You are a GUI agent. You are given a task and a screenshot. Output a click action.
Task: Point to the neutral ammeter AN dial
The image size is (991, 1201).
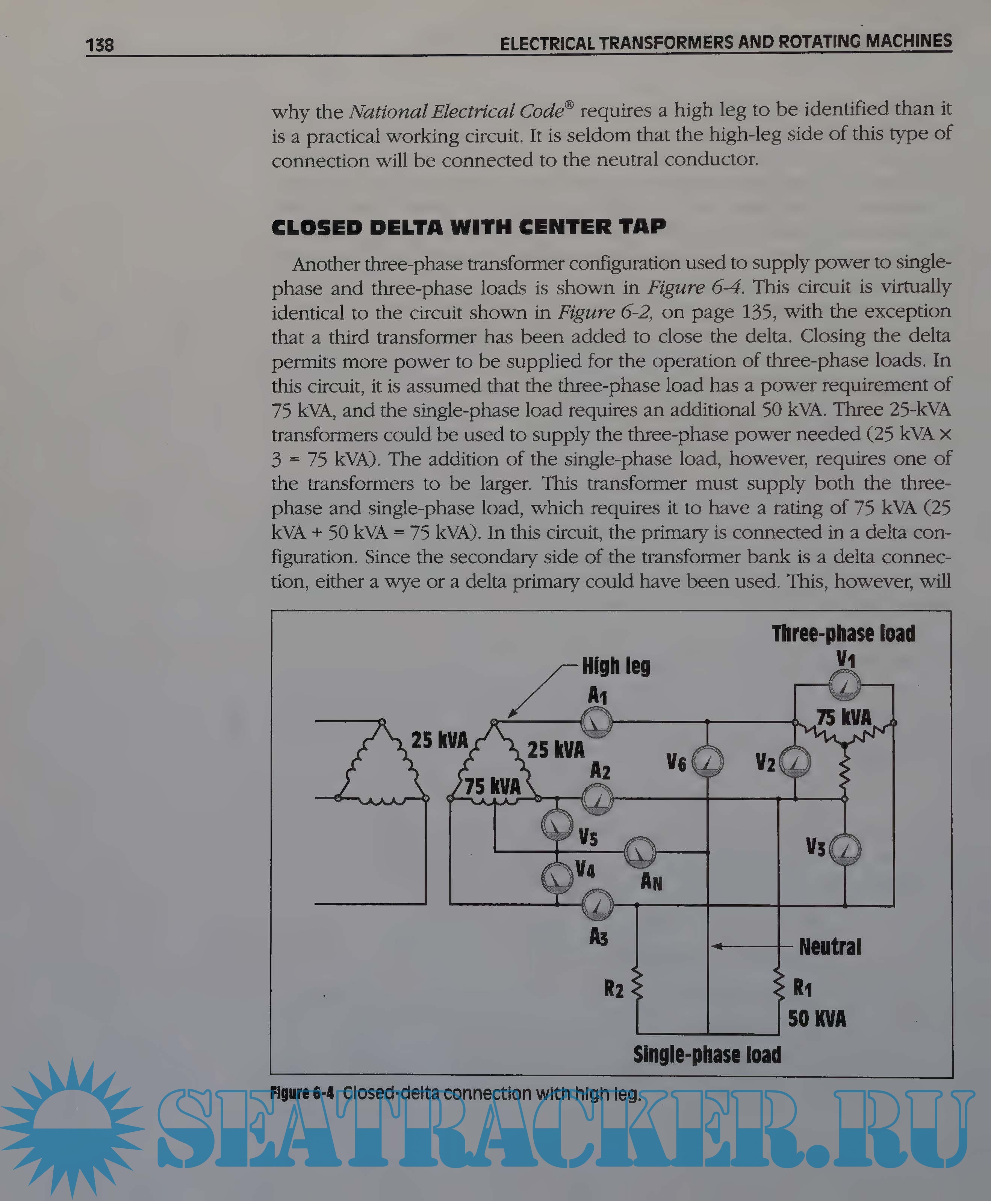tap(640, 852)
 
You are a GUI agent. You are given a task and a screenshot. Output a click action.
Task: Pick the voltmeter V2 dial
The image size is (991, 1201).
tap(794, 761)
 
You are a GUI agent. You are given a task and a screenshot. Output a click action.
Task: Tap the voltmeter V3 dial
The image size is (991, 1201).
tap(845, 849)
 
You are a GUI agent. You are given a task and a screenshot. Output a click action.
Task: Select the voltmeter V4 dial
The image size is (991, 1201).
tap(557, 878)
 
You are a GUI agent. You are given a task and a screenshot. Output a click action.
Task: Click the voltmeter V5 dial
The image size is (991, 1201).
tap(557, 824)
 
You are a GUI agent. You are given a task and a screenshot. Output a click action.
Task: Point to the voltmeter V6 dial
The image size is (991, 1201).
tap(708, 761)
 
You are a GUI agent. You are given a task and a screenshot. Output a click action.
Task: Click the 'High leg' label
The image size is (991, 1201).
tap(616, 666)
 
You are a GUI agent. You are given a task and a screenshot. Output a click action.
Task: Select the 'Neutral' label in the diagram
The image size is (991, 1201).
tap(829, 947)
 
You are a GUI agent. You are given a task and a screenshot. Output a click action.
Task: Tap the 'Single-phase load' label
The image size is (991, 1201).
tap(707, 1055)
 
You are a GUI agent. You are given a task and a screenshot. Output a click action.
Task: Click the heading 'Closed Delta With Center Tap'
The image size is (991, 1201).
tap(469, 227)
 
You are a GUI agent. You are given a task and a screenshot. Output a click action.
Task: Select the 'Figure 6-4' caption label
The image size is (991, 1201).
tap(302, 1093)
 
